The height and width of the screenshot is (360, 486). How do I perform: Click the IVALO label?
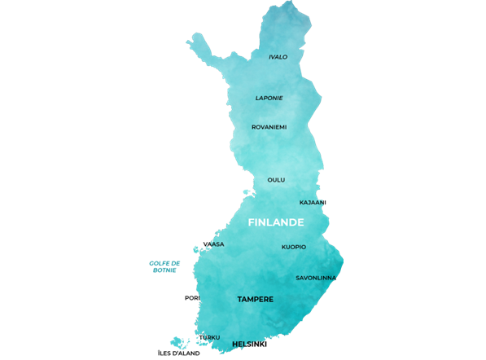[278, 57]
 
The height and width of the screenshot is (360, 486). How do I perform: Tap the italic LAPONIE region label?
[269, 98]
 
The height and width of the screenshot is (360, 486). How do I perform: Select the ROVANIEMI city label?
[269, 127]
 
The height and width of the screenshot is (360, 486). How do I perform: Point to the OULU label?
[276, 180]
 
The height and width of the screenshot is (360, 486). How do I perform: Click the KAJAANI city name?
[313, 202]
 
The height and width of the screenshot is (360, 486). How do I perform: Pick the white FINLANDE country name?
[276, 222]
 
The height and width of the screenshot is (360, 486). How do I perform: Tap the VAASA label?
[213, 244]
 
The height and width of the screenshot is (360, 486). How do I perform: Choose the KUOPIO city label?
[294, 247]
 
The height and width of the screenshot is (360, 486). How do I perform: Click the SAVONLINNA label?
[315, 278]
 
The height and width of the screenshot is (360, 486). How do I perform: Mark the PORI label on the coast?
[192, 298]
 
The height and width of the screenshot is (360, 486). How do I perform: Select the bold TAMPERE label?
[255, 300]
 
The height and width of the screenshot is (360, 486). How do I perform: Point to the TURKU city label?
[209, 337]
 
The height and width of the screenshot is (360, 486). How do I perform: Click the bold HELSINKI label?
[249, 345]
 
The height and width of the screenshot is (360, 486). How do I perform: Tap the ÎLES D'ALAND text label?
[178, 353]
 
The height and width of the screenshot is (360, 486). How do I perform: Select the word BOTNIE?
[164, 270]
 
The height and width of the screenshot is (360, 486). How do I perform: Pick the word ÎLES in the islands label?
[164, 353]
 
